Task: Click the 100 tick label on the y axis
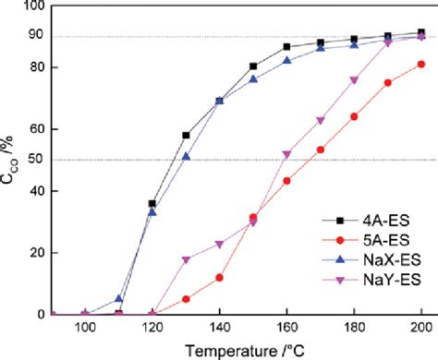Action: [35, 6]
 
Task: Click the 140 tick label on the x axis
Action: [219, 327]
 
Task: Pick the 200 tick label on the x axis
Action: [421, 327]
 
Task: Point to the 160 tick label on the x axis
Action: [286, 327]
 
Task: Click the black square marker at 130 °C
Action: [186, 136]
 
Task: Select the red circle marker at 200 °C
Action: [421, 64]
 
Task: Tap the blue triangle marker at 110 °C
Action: [118, 298]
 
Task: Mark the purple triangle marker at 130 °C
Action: [186, 259]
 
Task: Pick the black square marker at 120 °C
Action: [152, 203]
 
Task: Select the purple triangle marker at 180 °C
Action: [354, 80]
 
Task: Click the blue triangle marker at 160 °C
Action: [286, 61]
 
